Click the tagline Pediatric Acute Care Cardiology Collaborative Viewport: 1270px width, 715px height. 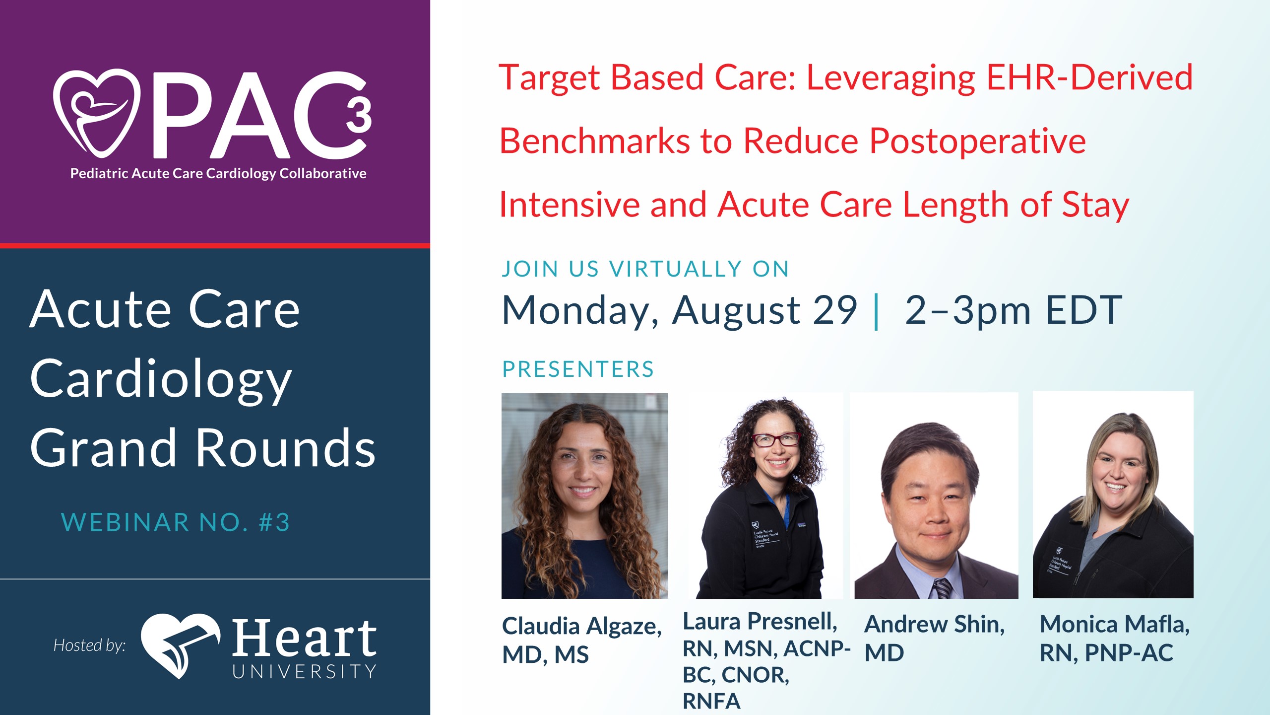pyautogui.click(x=218, y=173)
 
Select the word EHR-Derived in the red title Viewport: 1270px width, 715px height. pyautogui.click(x=1089, y=77)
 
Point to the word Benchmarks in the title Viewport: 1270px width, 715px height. pyautogui.click(x=594, y=141)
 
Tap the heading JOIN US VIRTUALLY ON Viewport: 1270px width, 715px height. pyautogui.click(x=645, y=269)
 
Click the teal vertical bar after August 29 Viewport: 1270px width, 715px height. pyautogui.click(x=877, y=311)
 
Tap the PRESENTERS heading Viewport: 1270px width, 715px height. pyautogui.click(x=578, y=369)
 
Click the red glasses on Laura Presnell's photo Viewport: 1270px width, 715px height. pyautogui.click(x=776, y=439)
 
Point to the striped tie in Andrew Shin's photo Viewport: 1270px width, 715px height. pyautogui.click(x=943, y=588)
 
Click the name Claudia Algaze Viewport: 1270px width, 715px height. pyautogui.click(x=582, y=626)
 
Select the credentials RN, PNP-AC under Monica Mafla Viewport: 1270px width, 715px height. pyautogui.click(x=1106, y=653)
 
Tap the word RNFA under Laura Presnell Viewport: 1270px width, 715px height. pyautogui.click(x=711, y=701)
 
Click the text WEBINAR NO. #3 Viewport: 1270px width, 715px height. pyautogui.click(x=175, y=522)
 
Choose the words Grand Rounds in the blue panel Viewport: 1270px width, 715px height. pyautogui.click(x=202, y=448)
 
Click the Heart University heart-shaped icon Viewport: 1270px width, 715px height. pyautogui.click(x=180, y=645)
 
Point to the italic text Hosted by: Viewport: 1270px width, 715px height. pyautogui.click(x=90, y=645)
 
